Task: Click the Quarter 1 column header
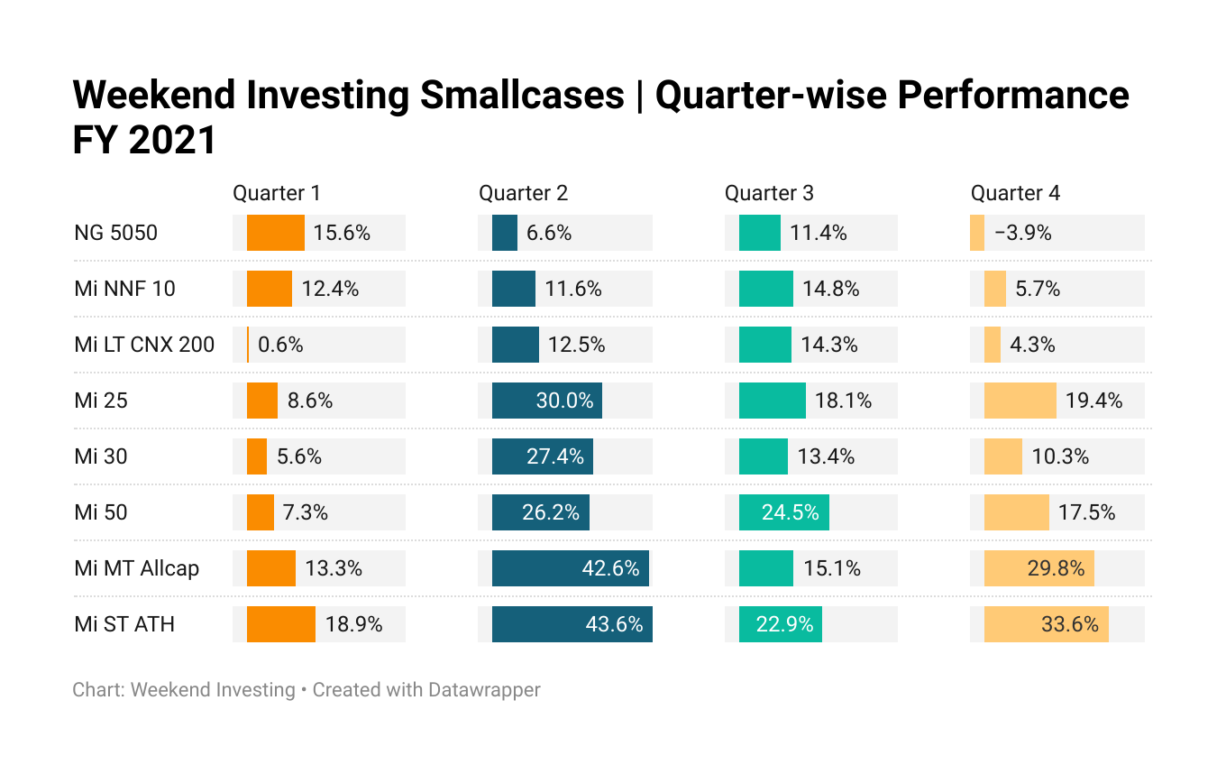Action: click(277, 193)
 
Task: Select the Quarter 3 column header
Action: click(769, 193)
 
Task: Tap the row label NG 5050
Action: click(115, 233)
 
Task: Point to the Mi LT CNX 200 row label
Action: click(144, 345)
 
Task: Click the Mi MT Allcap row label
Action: click(136, 568)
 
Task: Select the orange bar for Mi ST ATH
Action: click(280, 624)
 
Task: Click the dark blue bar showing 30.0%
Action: click(547, 401)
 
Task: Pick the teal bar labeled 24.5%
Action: click(783, 512)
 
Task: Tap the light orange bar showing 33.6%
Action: click(1046, 624)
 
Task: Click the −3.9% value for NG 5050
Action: click(1022, 233)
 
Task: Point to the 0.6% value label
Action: click(280, 345)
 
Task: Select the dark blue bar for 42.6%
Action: click(571, 568)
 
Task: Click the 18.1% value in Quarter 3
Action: click(843, 401)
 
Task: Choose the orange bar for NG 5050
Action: click(275, 233)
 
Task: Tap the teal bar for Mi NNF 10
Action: click(765, 289)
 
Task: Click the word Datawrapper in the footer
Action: click(484, 689)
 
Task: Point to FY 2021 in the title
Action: click(144, 140)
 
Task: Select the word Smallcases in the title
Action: click(522, 95)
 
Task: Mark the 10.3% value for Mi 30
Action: click(1060, 456)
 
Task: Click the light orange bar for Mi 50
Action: click(1016, 512)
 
